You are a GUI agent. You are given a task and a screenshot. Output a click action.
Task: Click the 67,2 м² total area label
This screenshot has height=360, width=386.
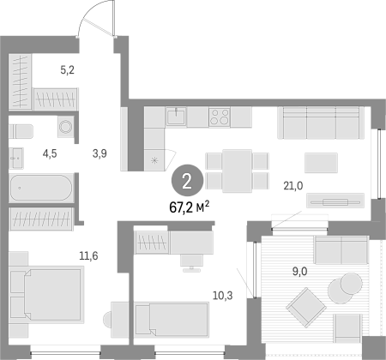pos(190,207)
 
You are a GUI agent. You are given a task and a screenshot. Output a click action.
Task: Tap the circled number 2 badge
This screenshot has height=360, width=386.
pos(187,181)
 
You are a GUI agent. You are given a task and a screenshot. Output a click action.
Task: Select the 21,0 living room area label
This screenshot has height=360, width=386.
pos(293,186)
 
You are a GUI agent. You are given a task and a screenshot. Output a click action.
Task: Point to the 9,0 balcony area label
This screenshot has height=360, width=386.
pos(300,271)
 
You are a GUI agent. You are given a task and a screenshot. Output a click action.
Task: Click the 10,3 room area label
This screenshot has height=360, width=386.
pos(223,296)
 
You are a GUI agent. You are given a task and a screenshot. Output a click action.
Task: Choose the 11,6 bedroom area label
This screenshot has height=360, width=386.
pos(88,255)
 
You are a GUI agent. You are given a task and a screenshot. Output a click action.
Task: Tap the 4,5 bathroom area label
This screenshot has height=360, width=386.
pos(50,153)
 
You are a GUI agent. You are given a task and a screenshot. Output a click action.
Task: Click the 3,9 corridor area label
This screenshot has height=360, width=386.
pos(100,153)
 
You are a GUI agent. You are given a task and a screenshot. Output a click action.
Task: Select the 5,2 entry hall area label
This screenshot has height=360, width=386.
pos(68,69)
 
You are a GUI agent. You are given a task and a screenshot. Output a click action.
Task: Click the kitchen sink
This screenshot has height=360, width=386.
pos(176,117)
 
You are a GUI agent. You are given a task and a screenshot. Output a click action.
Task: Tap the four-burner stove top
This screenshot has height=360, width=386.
pos(220,117)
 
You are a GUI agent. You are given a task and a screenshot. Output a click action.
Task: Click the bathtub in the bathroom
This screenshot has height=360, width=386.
pos(41,188)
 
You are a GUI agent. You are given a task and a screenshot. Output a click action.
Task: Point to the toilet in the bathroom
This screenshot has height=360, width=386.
pos(21,131)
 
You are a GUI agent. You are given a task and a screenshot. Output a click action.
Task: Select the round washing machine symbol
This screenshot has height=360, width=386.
pos(66,126)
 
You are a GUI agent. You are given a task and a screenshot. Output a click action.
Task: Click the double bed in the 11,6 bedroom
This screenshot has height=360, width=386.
pos(46,294)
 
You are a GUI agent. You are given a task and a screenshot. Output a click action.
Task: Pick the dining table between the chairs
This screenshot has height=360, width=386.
pos(238,171)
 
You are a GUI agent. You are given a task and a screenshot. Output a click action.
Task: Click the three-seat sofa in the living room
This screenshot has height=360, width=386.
pos(321,123)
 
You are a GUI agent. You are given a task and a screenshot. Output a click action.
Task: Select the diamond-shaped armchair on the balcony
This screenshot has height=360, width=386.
pos(306,307)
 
